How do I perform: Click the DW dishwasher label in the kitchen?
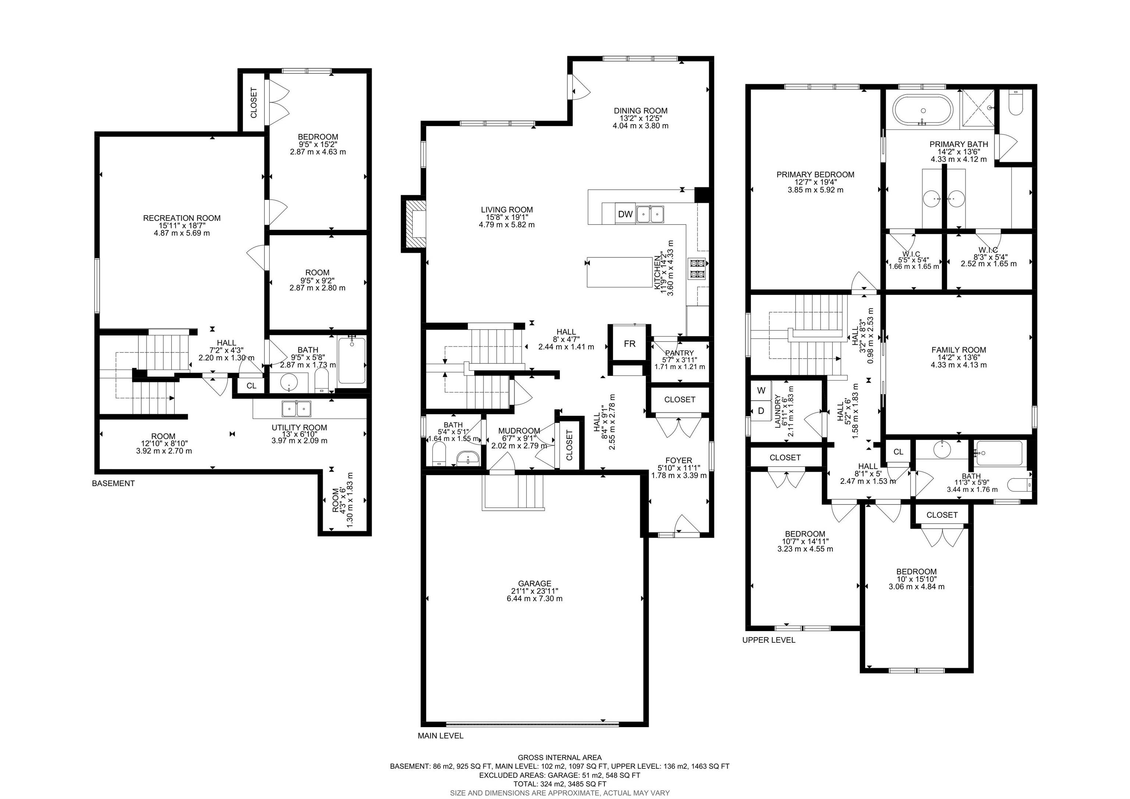[625, 214]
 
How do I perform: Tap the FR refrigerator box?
[629, 343]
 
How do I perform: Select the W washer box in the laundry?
[761, 391]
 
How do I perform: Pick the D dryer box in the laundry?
[761, 410]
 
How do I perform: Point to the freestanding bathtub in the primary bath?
[923, 111]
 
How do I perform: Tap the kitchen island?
[620, 271]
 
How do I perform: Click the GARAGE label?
[534, 583]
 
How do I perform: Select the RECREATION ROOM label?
[182, 218]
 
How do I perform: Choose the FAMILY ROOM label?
[959, 350]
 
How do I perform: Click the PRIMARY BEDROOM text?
[815, 175]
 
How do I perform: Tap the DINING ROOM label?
[640, 110]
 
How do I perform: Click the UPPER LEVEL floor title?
[768, 640]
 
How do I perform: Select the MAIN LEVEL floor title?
[440, 735]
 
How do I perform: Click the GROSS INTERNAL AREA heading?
[559, 757]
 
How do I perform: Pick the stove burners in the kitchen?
[698, 269]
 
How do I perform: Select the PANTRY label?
[679, 353]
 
